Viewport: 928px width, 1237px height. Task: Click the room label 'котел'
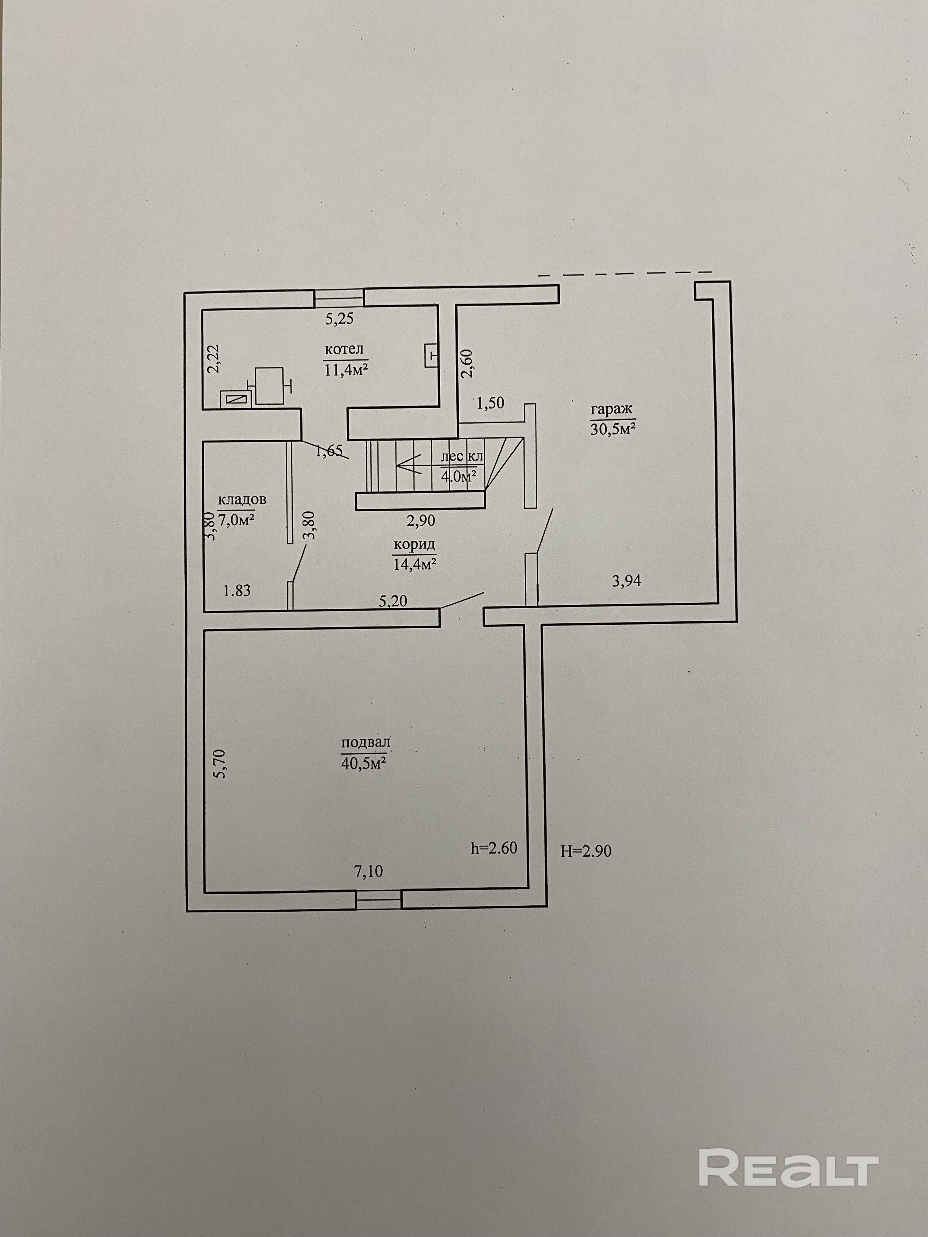[x=346, y=351]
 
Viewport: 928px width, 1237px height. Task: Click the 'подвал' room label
[x=365, y=743]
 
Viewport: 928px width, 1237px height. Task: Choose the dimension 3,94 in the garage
[x=627, y=581]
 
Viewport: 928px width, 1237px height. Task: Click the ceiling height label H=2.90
[x=586, y=851]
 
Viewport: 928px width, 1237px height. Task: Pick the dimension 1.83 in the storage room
[x=237, y=590]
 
